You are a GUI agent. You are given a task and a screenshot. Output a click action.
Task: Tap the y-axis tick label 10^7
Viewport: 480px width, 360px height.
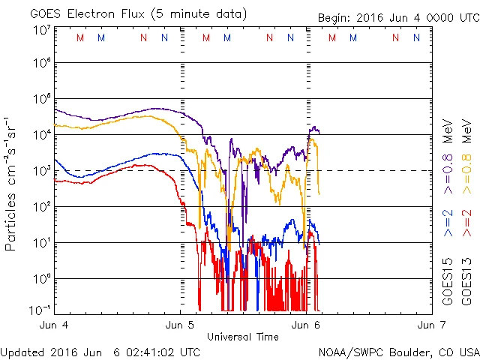point(41,31)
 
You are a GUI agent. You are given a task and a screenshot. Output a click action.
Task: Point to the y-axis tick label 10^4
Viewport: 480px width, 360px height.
point(41,134)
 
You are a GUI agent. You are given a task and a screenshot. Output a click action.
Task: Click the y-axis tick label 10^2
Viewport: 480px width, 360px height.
point(41,206)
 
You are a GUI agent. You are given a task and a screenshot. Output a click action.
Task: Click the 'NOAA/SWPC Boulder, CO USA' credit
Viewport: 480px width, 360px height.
point(398,351)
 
